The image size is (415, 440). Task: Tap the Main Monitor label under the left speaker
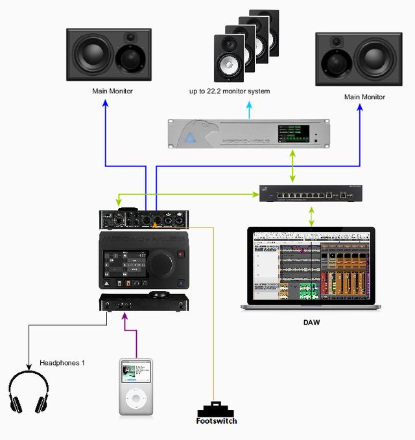tap(112, 91)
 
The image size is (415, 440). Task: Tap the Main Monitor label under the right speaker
tap(364, 97)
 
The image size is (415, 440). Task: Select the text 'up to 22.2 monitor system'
tap(230, 92)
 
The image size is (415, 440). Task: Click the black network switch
tap(311, 194)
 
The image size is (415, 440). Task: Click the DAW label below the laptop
tap(313, 322)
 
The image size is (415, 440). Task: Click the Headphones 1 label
tap(62, 363)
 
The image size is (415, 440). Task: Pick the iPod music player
tap(136, 386)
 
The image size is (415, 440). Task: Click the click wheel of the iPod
tap(136, 397)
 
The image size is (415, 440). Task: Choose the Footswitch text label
tap(217, 421)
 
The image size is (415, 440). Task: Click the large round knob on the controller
tap(163, 263)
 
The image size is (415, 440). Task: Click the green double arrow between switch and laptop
tap(312, 216)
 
